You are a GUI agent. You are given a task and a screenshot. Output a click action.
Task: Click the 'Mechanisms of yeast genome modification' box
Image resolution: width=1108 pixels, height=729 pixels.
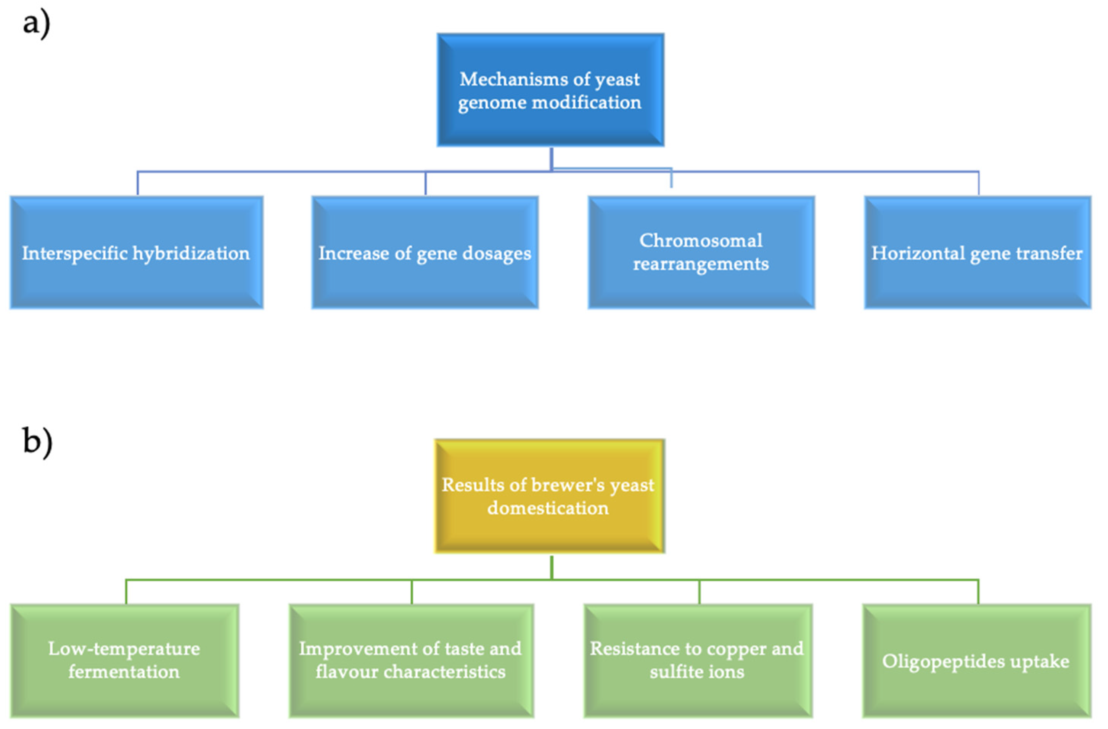(x=550, y=90)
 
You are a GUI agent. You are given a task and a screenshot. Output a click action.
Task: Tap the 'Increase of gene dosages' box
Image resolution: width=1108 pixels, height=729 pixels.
(x=425, y=253)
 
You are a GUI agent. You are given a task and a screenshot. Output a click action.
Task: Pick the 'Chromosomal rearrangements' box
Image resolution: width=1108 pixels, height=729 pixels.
(x=701, y=253)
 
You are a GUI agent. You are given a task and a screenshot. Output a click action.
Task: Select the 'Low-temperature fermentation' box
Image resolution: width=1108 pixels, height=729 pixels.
(x=124, y=661)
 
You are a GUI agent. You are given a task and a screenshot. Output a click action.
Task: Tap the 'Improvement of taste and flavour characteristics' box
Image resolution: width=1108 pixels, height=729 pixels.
(x=411, y=661)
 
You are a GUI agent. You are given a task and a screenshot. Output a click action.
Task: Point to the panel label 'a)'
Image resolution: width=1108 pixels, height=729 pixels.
(x=36, y=23)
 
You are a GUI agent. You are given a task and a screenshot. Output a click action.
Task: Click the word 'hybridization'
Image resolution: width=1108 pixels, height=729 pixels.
(x=191, y=253)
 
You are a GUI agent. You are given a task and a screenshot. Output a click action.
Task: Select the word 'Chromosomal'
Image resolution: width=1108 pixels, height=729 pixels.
(x=701, y=241)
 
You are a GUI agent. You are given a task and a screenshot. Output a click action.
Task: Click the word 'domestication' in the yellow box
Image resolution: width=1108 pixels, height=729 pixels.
(x=548, y=508)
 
